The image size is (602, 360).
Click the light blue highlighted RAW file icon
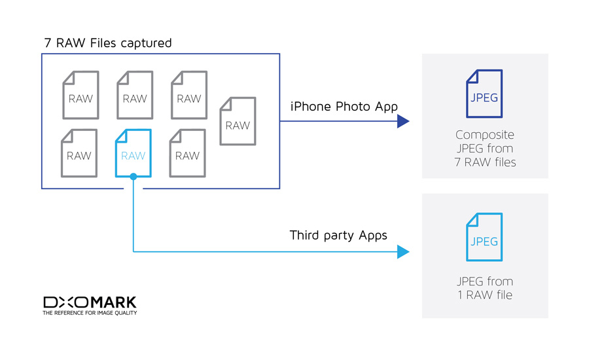pyautogui.click(x=133, y=153)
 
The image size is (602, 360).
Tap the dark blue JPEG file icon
pyautogui.click(x=484, y=94)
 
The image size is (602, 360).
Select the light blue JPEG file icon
pyautogui.click(x=484, y=238)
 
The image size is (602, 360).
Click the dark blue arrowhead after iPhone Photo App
pyautogui.click(x=403, y=121)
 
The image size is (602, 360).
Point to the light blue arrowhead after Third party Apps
pyautogui.click(x=403, y=252)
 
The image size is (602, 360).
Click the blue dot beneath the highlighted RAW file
pyautogui.click(x=133, y=177)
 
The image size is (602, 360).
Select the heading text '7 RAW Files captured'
pyautogui.click(x=108, y=43)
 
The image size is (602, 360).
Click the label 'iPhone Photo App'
pyautogui.click(x=344, y=106)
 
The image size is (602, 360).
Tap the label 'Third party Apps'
pyautogui.click(x=338, y=235)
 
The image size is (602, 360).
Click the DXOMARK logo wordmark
pyautogui.click(x=90, y=302)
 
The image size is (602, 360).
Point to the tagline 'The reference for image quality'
pyautogui.click(x=90, y=314)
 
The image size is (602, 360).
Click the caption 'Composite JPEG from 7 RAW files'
pyautogui.click(x=485, y=149)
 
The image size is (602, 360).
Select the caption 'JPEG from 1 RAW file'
pyautogui.click(x=485, y=288)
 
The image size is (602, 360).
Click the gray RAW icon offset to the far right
pyautogui.click(x=238, y=121)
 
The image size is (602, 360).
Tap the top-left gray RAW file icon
pyautogui.click(x=81, y=96)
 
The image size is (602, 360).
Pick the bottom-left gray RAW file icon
pyautogui.click(x=79, y=153)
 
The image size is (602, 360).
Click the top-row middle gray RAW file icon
pyautogui.click(x=135, y=96)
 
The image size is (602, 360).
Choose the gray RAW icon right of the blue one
pyautogui.click(x=187, y=153)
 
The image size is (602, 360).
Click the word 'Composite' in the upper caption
pyautogui.click(x=485, y=135)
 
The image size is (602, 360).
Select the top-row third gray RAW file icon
pyautogui.click(x=189, y=96)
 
